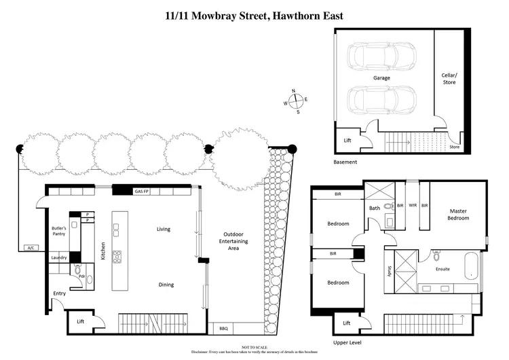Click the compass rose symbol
(297, 101)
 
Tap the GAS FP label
(143, 192)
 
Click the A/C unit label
(30, 247)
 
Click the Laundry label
(58, 257)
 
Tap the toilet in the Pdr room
(77, 270)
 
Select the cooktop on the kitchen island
(117, 257)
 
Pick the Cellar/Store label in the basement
(449, 78)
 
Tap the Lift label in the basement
(347, 141)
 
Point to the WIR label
(413, 204)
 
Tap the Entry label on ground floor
(60, 293)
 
